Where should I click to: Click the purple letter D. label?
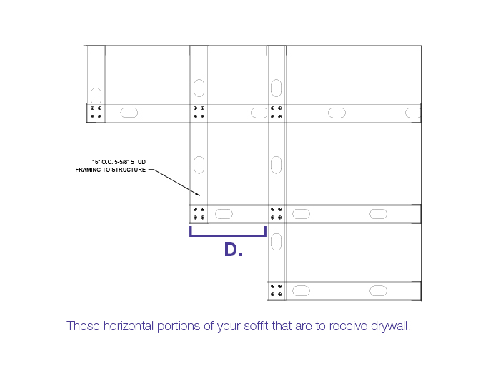233,250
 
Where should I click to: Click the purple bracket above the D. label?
228,235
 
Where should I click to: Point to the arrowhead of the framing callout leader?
198,195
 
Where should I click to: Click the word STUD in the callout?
138,162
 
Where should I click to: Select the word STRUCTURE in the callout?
129,170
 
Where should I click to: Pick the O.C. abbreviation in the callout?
107,162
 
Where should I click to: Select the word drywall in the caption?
390,326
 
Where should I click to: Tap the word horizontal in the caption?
129,326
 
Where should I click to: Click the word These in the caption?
83,326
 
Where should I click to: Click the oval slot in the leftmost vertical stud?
96,96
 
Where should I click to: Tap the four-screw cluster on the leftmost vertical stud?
96,112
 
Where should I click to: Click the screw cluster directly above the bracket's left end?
199,213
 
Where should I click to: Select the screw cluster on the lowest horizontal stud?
277,290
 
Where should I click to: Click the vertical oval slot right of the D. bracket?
277,242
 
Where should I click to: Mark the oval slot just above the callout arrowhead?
199,165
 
